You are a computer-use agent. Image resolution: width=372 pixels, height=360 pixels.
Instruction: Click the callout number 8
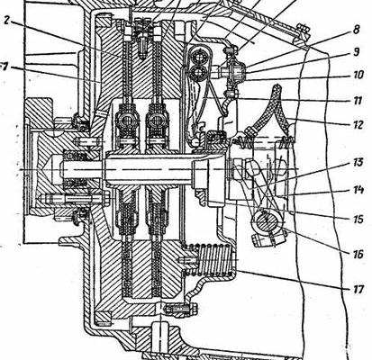[x=356, y=31]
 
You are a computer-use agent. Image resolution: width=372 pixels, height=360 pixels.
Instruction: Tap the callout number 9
[x=356, y=52]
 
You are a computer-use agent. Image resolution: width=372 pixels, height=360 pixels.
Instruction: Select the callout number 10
[x=358, y=75]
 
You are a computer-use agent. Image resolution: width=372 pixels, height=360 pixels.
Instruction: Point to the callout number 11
[x=358, y=101]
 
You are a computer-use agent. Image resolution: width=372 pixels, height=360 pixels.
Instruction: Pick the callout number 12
[x=358, y=124]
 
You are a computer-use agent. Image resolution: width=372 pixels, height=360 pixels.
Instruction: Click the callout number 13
[x=358, y=162]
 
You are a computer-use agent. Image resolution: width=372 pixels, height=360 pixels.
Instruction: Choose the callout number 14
[x=358, y=190]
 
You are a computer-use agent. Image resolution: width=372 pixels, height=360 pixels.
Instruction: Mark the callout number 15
[x=358, y=219]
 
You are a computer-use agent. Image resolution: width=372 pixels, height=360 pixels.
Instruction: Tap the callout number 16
[x=358, y=255]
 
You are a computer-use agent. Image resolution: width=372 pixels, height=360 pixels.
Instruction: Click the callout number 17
[x=358, y=290]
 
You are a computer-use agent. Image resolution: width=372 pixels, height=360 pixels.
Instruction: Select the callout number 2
[x=7, y=21]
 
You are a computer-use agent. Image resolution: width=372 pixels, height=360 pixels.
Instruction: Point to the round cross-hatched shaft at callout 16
[x=267, y=222]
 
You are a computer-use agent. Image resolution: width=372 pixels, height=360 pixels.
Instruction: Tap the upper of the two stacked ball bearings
[x=198, y=56]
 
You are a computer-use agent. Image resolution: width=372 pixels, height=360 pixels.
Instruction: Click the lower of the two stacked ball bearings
[x=198, y=72]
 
